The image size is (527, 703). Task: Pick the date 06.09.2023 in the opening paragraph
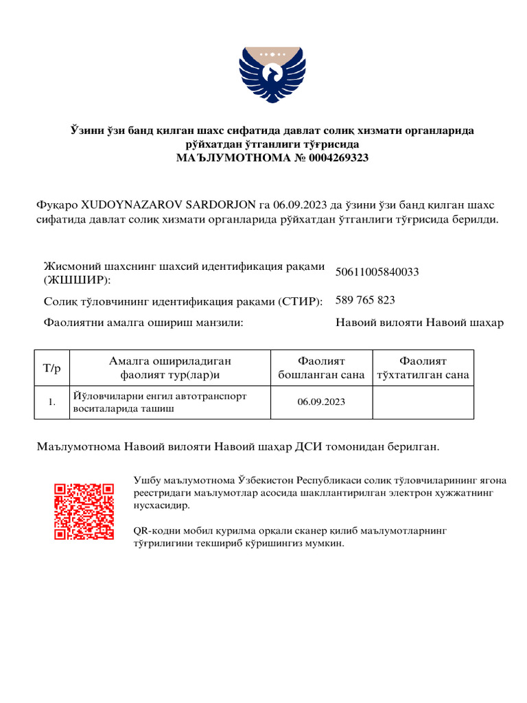click(x=299, y=205)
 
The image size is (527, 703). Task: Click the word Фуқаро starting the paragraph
click(x=57, y=205)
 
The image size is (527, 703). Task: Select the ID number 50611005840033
click(x=377, y=273)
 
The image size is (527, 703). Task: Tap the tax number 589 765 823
click(x=365, y=300)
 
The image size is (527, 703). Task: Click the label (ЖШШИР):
click(x=76, y=280)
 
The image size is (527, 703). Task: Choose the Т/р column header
click(x=52, y=369)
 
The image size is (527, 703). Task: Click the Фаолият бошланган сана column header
click(x=322, y=368)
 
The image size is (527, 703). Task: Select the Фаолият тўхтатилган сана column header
click(x=423, y=368)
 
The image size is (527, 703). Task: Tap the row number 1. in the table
click(x=52, y=402)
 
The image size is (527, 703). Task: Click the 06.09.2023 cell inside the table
click(x=321, y=402)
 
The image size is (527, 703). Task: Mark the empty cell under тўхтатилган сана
click(x=423, y=402)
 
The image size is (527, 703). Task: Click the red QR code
click(x=84, y=511)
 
